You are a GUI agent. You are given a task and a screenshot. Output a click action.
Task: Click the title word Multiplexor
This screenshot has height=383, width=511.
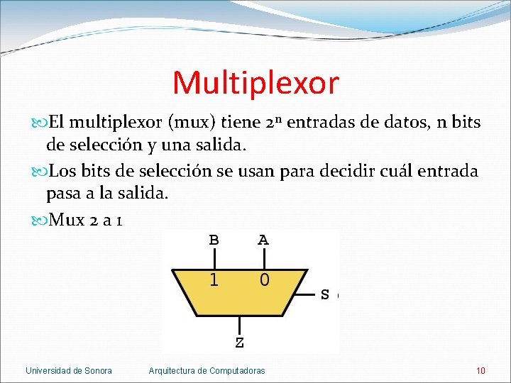coord(255,83)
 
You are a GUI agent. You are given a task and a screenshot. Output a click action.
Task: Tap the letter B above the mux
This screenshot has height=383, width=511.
coord(214,240)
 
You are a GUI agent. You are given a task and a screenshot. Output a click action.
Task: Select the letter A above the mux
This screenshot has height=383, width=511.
coord(263,240)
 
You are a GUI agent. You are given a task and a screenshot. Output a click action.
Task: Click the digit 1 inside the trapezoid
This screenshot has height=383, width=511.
coord(214,279)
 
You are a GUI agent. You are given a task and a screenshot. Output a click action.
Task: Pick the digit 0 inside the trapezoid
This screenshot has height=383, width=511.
coord(263,279)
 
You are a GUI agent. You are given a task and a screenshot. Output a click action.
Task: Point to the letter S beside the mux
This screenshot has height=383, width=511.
coord(325,294)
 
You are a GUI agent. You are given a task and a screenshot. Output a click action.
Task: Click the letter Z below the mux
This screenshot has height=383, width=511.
coord(239,343)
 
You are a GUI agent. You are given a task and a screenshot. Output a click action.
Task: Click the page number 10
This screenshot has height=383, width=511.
coord(480,370)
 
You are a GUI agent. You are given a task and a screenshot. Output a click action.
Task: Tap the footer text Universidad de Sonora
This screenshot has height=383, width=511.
coord(69,370)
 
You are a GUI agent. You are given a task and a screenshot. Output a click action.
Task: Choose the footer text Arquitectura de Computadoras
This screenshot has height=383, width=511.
coord(207,370)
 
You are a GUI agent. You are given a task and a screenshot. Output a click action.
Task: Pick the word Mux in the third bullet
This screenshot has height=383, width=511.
coord(67,221)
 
